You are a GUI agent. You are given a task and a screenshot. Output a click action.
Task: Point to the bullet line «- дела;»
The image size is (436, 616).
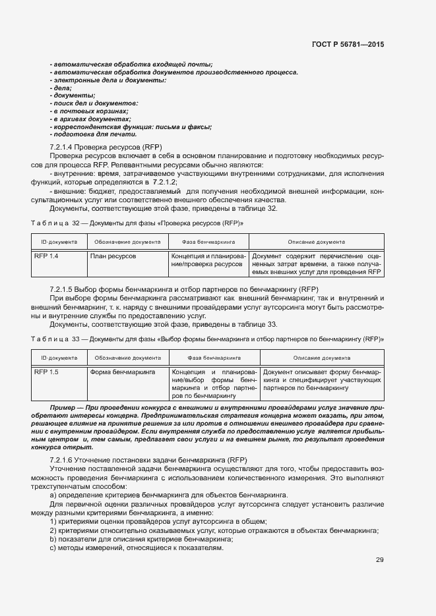tap(60, 88)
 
